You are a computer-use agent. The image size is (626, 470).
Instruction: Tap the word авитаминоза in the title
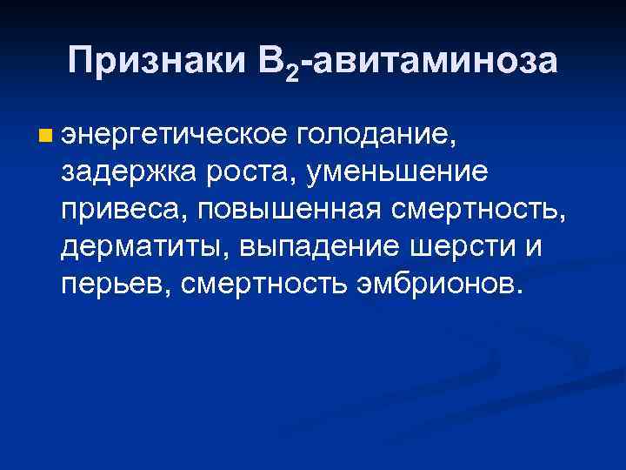[x=435, y=61]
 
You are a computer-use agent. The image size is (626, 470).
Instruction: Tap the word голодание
[x=375, y=135]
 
